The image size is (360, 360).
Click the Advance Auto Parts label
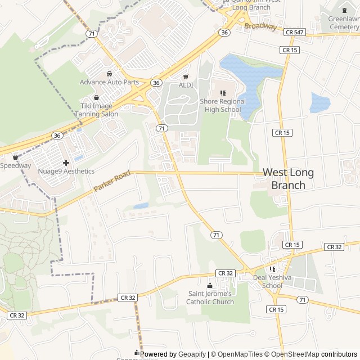pos(109,82)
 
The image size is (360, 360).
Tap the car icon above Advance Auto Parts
pos(109,74)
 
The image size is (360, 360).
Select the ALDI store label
pos(186,85)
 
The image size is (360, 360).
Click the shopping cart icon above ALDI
pos(186,77)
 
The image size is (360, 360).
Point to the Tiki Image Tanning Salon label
pos(96,110)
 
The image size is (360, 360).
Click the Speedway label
pos(15,165)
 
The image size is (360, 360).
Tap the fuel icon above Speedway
pos(15,157)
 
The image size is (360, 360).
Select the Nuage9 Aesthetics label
pos(66,171)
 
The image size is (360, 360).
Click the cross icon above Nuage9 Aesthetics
pos(66,163)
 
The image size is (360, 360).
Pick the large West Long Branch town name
pos(288,179)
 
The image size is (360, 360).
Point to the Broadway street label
pos(260,26)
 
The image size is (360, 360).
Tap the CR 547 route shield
pos(295,32)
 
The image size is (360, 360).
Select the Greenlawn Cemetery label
pos(343,22)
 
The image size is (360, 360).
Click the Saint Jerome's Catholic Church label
pos(210,298)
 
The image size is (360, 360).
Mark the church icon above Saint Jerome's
pos(210,286)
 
